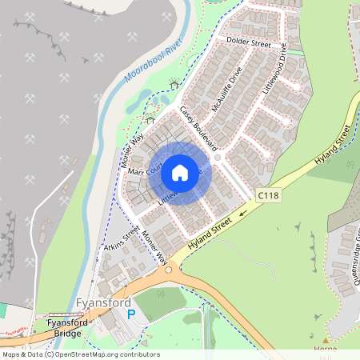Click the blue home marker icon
(180, 172)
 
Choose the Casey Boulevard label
(198, 128)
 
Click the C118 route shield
(268, 195)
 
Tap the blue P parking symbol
(131, 315)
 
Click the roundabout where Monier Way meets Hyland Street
(169, 270)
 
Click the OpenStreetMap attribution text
(80, 354)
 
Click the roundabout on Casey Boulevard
(218, 161)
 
